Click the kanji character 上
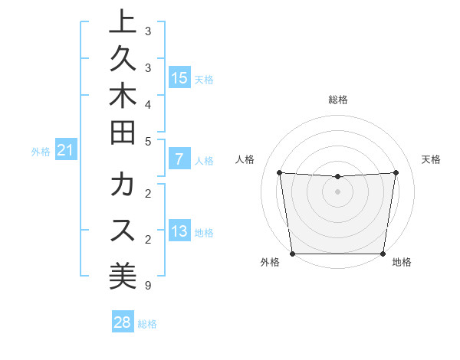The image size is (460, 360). [123, 23]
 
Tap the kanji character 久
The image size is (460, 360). [123, 60]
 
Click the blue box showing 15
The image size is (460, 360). [179, 78]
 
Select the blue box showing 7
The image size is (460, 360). [179, 160]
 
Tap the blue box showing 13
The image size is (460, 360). [179, 232]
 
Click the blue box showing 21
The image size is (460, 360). [66, 151]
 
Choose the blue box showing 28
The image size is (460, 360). [123, 323]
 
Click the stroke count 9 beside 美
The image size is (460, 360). [147, 286]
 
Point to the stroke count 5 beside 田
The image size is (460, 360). [147, 140]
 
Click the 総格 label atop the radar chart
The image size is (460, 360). [338, 100]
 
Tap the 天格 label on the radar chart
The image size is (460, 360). [431, 159]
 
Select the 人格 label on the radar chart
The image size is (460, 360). [245, 159]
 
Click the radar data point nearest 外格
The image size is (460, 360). [292, 254]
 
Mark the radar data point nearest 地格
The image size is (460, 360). [383, 254]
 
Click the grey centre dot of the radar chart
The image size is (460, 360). [338, 191]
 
